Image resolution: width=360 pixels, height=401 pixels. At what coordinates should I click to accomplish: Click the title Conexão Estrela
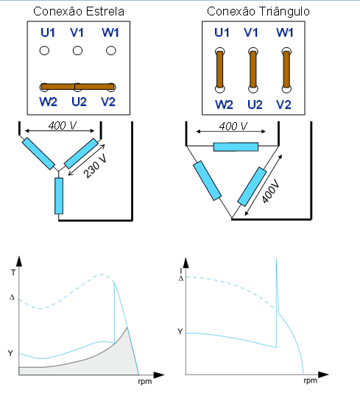point(79,12)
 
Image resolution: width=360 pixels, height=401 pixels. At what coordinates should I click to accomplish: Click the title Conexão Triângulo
point(258,12)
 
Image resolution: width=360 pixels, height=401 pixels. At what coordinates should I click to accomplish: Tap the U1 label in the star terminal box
point(48,32)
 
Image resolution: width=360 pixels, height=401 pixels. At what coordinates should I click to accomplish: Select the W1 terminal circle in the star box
point(110,51)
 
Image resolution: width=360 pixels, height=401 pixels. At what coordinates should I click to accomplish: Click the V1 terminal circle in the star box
point(77,51)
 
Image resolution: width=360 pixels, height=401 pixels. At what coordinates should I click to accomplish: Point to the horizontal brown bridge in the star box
point(77,87)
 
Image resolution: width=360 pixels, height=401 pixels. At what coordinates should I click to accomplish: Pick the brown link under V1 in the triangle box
point(253,70)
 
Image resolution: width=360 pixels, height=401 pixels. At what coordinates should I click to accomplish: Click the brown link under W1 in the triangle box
point(286,70)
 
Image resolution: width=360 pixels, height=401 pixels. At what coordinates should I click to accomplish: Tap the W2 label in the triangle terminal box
point(224,104)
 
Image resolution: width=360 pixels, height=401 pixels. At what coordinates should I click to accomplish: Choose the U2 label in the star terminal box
point(79,102)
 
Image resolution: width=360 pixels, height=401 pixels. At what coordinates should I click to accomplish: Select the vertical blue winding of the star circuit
point(59,196)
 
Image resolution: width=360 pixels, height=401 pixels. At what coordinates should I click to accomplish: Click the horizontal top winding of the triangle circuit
point(236,147)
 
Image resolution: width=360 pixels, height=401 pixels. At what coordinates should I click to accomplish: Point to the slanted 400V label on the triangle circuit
point(271,190)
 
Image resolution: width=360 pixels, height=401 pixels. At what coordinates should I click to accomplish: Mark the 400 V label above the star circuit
point(63,126)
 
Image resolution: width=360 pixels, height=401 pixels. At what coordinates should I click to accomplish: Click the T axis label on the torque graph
point(13,272)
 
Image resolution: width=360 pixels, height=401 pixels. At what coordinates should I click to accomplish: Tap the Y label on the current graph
point(180,332)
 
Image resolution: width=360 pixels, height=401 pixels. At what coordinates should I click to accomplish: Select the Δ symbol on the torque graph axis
point(12,297)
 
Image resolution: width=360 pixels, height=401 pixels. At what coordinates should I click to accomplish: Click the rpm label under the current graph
point(311,380)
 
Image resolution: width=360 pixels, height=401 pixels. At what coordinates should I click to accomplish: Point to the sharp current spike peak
point(276,259)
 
